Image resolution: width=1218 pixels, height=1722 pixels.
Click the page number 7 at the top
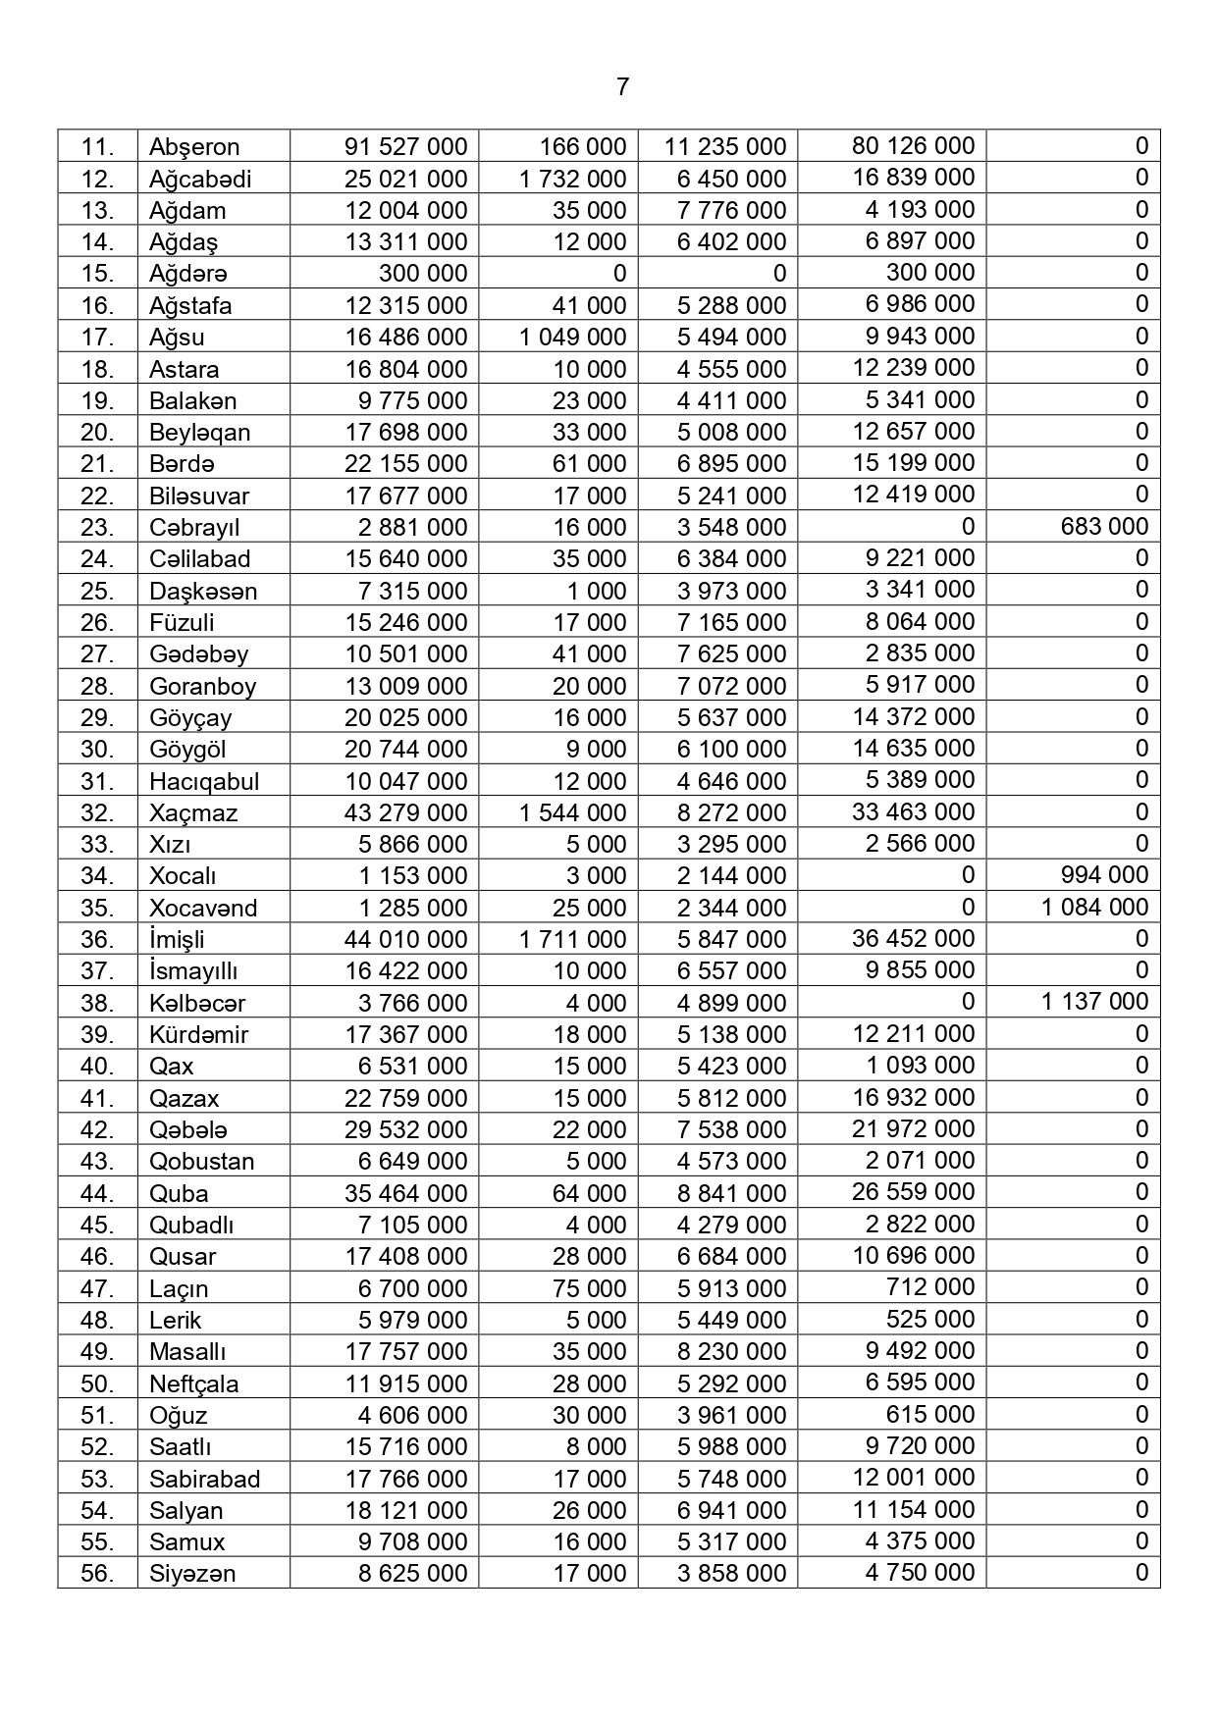pyautogui.click(x=622, y=87)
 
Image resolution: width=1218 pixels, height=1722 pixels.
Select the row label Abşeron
pyautogui.click(x=194, y=147)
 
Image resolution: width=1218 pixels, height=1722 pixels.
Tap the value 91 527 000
pyautogui.click(x=405, y=147)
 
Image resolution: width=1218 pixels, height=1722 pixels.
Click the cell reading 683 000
pyautogui.click(x=1104, y=526)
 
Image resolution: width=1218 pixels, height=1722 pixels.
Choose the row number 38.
pyautogui.click(x=97, y=1003)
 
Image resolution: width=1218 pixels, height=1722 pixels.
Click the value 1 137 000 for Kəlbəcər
pyautogui.click(x=1094, y=1001)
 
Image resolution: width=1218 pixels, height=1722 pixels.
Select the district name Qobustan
pyautogui.click(x=201, y=1161)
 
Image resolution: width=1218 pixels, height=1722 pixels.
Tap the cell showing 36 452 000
pyautogui.click(x=913, y=938)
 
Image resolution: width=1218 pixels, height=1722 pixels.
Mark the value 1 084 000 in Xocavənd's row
pyautogui.click(x=1094, y=907)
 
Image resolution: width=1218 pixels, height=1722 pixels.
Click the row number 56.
pyautogui.click(x=97, y=1573)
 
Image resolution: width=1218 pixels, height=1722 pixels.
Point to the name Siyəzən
pyautogui.click(x=192, y=1573)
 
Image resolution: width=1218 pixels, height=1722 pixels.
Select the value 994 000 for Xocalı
pyautogui.click(x=1104, y=874)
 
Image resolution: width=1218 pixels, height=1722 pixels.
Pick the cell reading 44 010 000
pyautogui.click(x=405, y=939)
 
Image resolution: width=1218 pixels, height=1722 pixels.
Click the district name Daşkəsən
pyautogui.click(x=203, y=591)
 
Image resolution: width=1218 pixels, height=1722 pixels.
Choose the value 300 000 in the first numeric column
pyautogui.click(x=423, y=273)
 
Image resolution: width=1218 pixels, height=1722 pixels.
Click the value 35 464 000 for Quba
pyautogui.click(x=405, y=1193)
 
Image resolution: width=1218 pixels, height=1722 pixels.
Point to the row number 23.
pyautogui.click(x=97, y=527)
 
